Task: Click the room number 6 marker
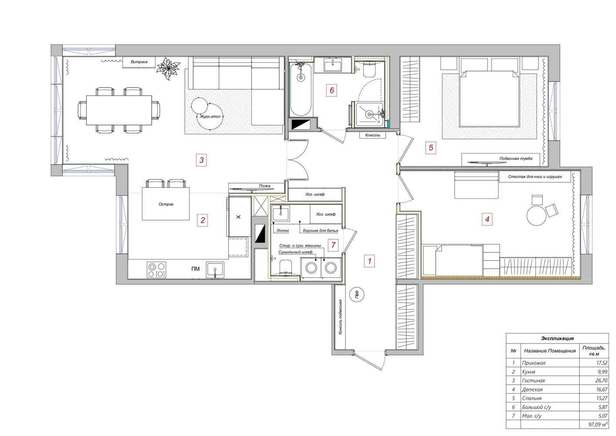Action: click(x=332, y=90)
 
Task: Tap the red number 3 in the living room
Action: click(x=201, y=160)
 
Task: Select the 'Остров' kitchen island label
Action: click(x=166, y=204)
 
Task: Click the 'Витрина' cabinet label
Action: click(x=139, y=62)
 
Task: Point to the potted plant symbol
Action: click(x=168, y=68)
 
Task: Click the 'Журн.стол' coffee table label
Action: click(x=210, y=117)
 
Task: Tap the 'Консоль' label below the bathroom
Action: click(x=372, y=135)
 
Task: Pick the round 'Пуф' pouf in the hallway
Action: click(x=357, y=295)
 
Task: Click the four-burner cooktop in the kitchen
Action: click(x=156, y=270)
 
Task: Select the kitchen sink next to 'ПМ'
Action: click(x=215, y=270)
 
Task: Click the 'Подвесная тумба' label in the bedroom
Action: click(x=516, y=159)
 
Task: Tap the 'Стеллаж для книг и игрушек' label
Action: click(x=535, y=177)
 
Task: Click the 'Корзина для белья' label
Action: click(x=320, y=231)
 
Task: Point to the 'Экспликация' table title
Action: click(x=558, y=339)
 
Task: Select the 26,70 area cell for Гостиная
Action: click(x=602, y=381)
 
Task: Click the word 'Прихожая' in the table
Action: click(x=534, y=363)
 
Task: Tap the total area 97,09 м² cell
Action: click(x=598, y=425)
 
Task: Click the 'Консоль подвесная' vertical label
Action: click(x=340, y=317)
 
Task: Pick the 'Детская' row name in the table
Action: click(x=532, y=389)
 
